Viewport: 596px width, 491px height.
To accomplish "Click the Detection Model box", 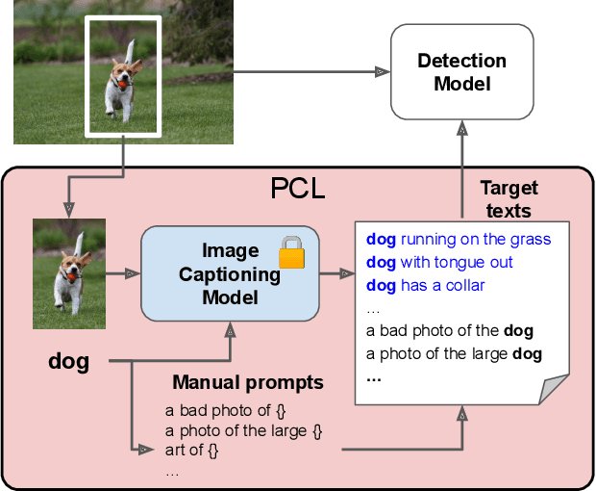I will (x=461, y=72).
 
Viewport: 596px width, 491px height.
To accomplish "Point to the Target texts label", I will (x=509, y=197).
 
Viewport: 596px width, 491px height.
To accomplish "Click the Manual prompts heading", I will (x=248, y=382).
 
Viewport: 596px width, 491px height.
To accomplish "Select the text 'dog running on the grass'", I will (x=459, y=239).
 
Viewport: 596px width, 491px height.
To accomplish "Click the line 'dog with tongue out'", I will (x=439, y=262).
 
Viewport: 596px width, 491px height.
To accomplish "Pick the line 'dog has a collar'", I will (x=425, y=285).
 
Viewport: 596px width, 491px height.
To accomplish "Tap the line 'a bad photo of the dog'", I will (x=449, y=331).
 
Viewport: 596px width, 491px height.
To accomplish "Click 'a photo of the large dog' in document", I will (x=454, y=354).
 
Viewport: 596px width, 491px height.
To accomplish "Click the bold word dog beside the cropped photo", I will (x=68, y=362).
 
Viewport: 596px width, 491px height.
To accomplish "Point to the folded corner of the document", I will (x=555, y=389).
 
